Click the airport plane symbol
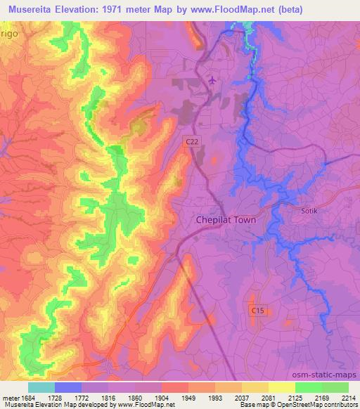point(212,81)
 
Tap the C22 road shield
point(191,141)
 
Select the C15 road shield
point(257,309)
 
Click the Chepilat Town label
point(226,219)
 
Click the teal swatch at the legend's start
point(41,387)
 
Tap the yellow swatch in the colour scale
point(281,387)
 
